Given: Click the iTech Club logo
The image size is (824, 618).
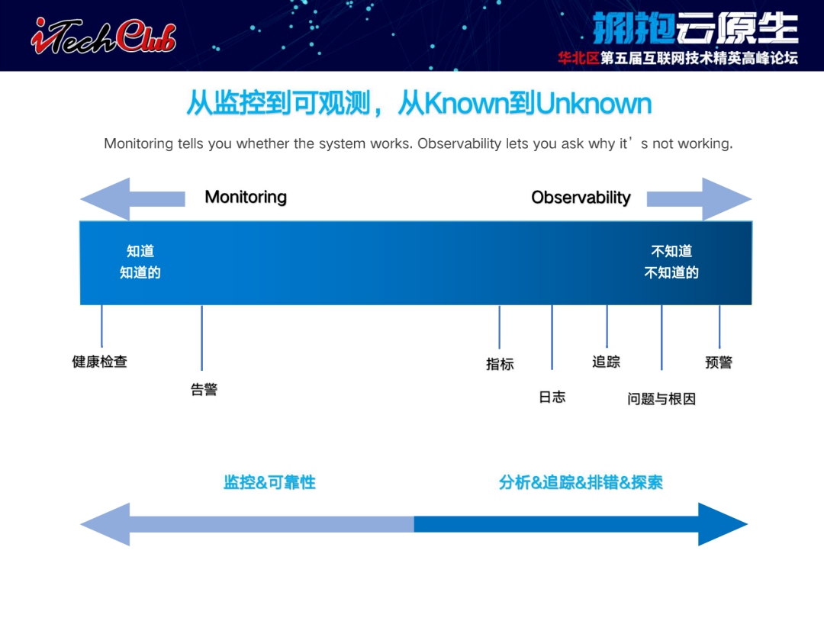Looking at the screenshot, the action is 104,36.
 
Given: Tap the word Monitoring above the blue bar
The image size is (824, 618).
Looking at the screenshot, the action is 246,197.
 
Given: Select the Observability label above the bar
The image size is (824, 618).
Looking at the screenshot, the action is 581,198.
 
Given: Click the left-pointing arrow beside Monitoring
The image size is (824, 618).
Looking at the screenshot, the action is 133,198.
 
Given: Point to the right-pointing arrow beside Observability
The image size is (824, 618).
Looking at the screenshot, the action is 699,198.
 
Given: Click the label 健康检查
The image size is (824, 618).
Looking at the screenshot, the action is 100,362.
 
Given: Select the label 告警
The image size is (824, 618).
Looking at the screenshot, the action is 204,389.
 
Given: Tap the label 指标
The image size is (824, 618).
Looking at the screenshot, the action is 500,364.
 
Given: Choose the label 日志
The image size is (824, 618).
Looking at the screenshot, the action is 552,397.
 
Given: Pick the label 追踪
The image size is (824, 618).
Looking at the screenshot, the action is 606,362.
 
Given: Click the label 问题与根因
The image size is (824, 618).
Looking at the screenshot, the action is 661,399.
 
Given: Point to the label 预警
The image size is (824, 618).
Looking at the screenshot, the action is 719,362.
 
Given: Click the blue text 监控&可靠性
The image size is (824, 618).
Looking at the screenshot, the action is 269,482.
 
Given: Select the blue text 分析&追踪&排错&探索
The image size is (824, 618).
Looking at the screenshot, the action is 581,482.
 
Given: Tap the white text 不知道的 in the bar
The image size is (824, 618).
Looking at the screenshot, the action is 671,272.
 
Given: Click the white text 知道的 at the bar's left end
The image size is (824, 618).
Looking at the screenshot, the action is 140,272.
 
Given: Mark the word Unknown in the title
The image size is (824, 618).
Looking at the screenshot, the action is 594,103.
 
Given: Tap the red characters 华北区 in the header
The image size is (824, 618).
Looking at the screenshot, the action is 578,58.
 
